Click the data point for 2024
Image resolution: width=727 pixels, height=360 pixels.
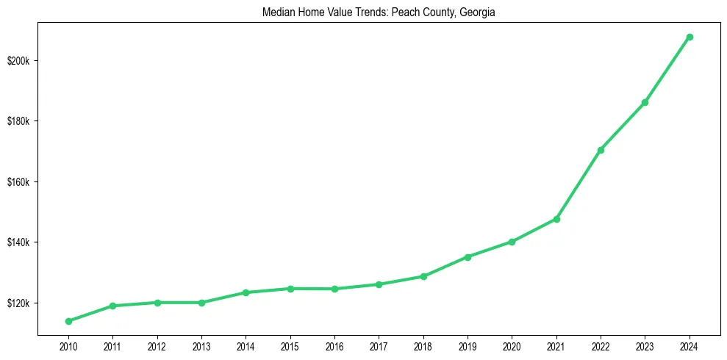690,37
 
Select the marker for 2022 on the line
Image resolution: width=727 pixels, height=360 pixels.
601,150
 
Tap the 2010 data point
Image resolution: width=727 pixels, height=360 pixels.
68,321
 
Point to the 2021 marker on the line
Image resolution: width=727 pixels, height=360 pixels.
556,219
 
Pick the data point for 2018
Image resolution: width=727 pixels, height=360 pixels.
423,276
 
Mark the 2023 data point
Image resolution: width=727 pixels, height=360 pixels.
645,102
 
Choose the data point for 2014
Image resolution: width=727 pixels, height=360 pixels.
246,292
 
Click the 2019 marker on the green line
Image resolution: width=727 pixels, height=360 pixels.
468,257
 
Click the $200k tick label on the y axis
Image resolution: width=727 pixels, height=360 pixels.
19,60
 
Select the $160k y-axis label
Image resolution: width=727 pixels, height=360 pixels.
19,181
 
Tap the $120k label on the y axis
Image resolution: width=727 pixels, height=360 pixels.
19,303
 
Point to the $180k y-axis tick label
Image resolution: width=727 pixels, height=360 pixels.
19,121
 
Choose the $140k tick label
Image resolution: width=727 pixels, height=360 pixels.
19,242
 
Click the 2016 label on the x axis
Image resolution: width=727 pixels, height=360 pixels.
334,345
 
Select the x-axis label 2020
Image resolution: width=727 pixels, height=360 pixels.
512,345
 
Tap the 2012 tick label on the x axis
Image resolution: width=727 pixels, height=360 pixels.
157,345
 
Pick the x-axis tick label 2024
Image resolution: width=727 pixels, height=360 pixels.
690,345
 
